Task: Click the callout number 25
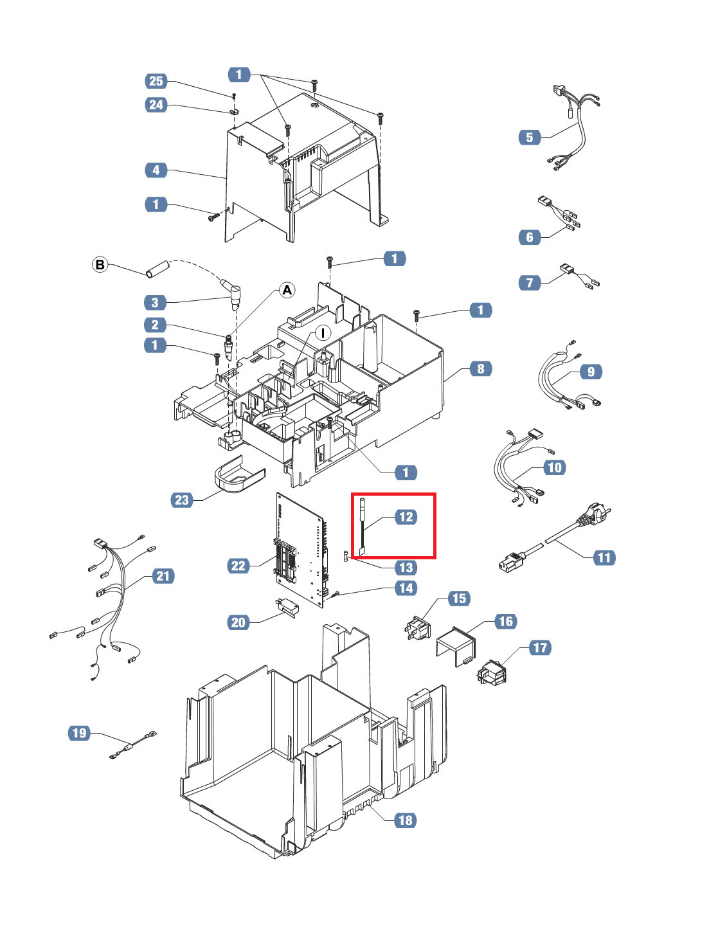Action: point(156,81)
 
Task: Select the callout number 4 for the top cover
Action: point(156,170)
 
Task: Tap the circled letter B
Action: point(100,264)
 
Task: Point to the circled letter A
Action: point(287,290)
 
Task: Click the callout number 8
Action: point(480,369)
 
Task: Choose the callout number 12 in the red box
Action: point(406,517)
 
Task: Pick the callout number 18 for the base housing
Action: point(405,820)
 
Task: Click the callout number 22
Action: point(238,566)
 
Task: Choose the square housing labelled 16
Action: point(456,645)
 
